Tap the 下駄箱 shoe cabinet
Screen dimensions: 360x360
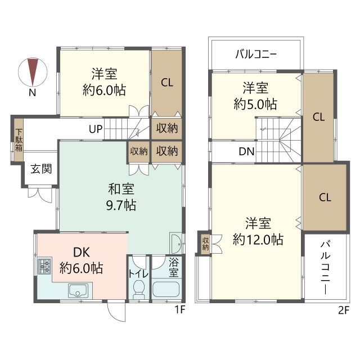[x=19, y=140]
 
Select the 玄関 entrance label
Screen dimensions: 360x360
[x=41, y=169]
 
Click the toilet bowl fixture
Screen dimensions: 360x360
[x=139, y=287]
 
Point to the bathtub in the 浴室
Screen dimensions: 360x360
[x=166, y=289]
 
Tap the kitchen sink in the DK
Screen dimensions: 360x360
[x=78, y=291]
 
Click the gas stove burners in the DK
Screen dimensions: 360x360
[x=44, y=266]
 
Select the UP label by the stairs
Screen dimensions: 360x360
[x=96, y=129]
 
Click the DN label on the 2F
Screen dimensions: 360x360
[x=246, y=151]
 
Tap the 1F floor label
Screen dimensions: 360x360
[x=180, y=310]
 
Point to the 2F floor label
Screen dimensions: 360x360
[x=344, y=310]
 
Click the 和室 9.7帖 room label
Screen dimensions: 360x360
[x=121, y=197]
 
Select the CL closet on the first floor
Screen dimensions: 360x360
[x=167, y=83]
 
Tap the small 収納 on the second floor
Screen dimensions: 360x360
[x=205, y=244]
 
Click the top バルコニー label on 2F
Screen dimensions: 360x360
[x=256, y=55]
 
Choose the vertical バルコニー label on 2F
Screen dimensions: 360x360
[x=325, y=268]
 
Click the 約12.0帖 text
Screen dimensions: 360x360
[x=258, y=240]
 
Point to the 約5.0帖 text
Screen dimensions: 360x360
[x=255, y=104]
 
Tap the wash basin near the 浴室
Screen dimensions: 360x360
[x=175, y=244]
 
